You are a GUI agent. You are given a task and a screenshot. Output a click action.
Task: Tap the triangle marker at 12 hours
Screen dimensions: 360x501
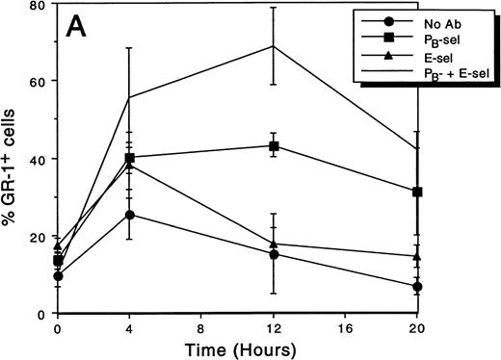(275, 244)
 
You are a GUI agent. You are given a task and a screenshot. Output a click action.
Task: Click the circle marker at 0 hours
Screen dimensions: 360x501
(59, 276)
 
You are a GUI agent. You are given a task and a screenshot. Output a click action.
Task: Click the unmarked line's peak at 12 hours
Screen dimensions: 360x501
(275, 46)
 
